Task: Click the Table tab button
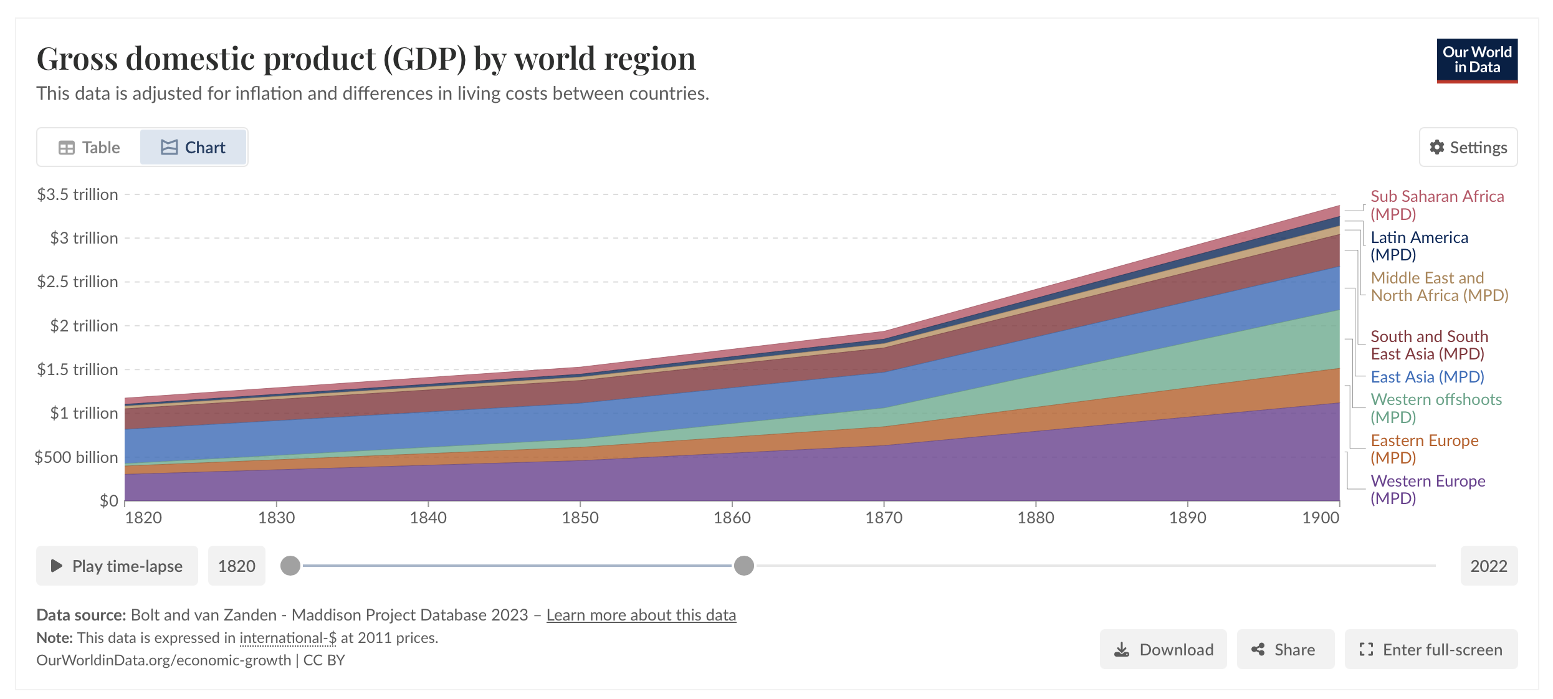[89, 148]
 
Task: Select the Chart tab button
[193, 148]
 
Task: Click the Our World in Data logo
[1476, 60]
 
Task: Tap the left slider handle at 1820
[290, 566]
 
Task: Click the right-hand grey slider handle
[743, 566]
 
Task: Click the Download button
[1163, 650]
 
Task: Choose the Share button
[1285, 650]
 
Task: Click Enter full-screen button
[1431, 650]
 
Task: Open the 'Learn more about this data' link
[641, 615]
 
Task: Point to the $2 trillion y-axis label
[84, 326]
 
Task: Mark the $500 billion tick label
[76, 457]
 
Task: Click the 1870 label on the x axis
[883, 518]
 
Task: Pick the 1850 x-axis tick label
[580, 518]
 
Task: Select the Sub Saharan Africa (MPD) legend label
[1436, 205]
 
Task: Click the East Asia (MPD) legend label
[1427, 377]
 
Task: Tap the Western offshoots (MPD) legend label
[1435, 408]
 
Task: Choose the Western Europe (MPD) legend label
[1427, 490]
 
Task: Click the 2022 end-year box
[1488, 566]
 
